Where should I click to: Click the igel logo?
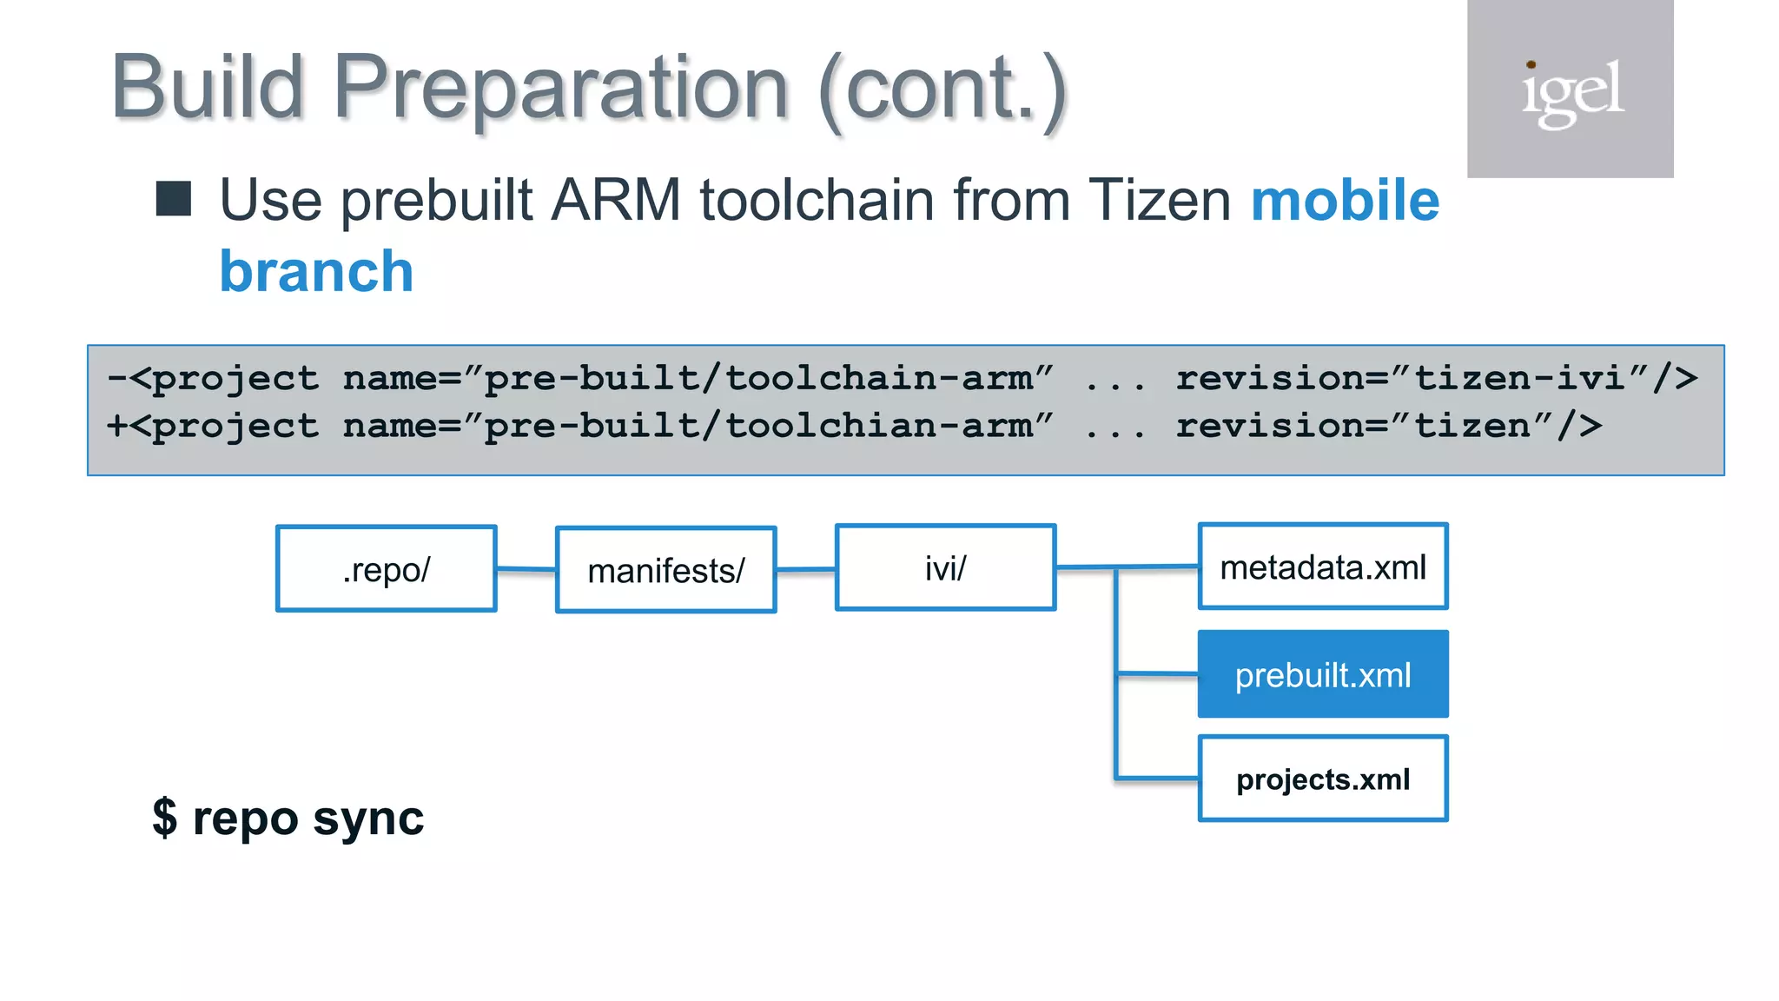click(1571, 89)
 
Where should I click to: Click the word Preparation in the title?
click(560, 87)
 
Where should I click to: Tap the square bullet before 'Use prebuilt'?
click(174, 199)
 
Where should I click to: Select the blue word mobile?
click(1345, 200)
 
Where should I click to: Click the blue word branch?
click(316, 271)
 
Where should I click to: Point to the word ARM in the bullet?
click(616, 200)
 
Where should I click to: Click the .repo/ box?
click(387, 569)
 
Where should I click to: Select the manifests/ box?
click(665, 570)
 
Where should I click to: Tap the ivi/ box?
click(945, 567)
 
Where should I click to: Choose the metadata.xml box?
click(1322, 567)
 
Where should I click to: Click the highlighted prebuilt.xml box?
click(1322, 674)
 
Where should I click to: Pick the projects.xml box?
click(1322, 779)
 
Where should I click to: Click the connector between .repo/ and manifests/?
click(526, 569)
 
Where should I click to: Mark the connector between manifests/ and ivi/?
click(805, 570)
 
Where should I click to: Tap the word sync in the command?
click(368, 819)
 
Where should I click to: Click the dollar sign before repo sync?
click(164, 819)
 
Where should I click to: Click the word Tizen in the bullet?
click(1159, 200)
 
